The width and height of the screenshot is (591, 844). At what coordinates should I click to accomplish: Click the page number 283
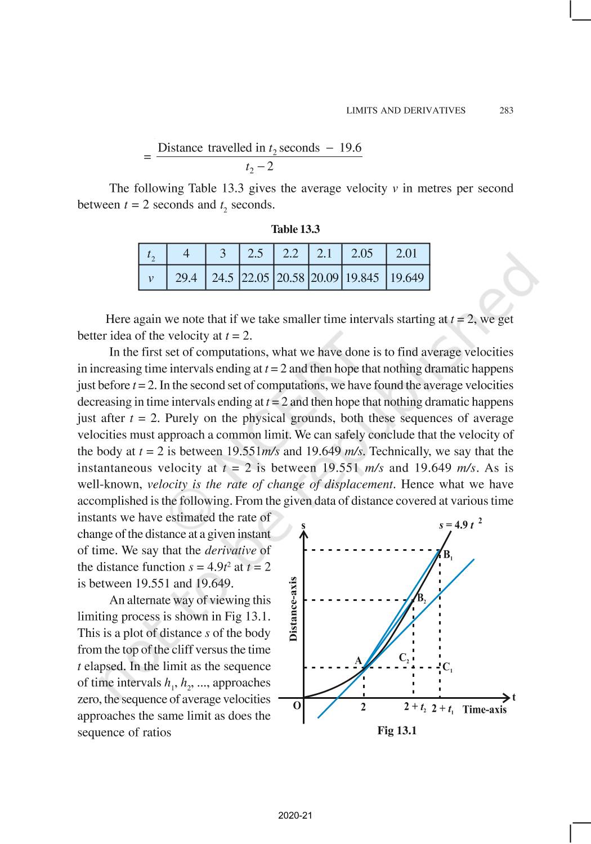pos(506,110)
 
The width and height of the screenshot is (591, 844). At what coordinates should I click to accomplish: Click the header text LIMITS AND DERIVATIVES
pos(406,110)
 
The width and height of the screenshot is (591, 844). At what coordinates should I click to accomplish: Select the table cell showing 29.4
pos(186,277)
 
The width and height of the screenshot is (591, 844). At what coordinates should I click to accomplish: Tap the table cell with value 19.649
pos(407,277)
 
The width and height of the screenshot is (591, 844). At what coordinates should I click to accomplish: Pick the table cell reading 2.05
pos(362,253)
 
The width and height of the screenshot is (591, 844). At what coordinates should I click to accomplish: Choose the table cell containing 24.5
pos(222,277)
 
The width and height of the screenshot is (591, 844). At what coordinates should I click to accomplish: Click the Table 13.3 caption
pos(295,229)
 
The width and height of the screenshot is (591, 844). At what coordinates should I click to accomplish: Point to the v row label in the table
pos(151,278)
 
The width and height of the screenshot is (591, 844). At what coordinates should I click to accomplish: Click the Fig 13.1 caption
pos(397,730)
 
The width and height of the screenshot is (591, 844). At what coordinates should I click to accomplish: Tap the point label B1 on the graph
pos(448,555)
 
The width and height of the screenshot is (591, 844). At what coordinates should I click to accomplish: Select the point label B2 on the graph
pos(421,599)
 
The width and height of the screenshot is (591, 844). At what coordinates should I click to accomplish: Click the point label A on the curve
pos(358,661)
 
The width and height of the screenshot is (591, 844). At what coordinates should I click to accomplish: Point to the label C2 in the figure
pos(404,658)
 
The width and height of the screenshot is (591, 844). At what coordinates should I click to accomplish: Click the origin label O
pos(297,706)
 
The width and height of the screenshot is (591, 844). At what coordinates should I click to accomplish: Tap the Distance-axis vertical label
pos(293,609)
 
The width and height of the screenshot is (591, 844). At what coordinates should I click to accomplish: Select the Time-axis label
pos(484,710)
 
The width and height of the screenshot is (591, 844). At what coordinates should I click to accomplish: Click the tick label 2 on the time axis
pos(363,707)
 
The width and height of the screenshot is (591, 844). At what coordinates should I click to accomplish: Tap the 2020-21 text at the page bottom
pos(295,815)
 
